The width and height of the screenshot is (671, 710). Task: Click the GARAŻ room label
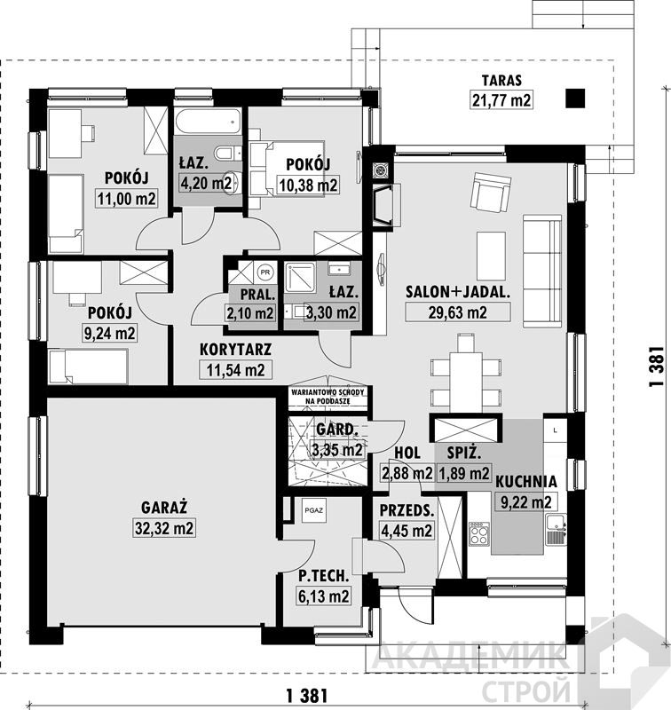164,507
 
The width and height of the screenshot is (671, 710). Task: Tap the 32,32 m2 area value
164,528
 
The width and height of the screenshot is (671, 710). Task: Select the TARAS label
501,81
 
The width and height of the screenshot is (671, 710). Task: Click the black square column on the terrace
575,99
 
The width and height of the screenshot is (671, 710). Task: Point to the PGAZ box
314,509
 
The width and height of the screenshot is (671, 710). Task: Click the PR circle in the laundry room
265,272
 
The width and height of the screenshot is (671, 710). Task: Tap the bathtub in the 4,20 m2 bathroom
208,122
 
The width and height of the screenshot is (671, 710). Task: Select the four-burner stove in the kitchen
478,533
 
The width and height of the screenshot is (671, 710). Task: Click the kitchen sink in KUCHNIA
556,528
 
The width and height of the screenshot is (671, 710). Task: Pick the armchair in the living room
491,192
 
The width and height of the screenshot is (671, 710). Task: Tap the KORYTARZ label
235,350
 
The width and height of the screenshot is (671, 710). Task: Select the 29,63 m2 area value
458,312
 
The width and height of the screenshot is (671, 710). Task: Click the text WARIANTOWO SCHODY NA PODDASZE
328,396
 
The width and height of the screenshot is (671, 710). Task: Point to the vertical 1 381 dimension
657,367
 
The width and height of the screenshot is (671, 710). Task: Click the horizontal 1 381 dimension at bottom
307,695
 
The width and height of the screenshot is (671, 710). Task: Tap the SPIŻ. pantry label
464,453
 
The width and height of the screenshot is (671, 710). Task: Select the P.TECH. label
324,575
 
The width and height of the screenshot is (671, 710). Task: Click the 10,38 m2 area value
308,185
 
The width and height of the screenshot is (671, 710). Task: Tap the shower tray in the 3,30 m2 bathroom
299,277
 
